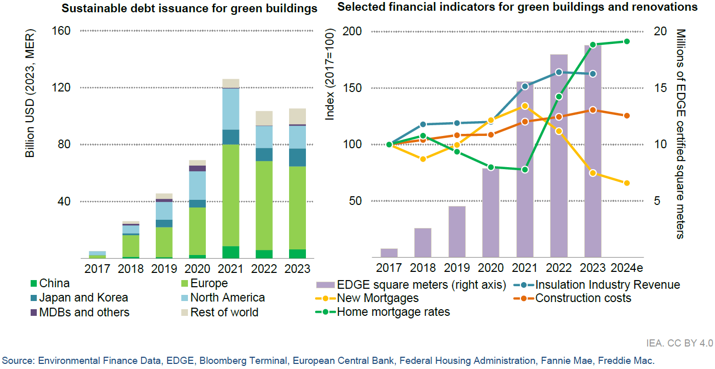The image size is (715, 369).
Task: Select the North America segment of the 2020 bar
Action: click(197, 185)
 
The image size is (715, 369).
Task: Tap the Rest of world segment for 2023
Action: click(298, 116)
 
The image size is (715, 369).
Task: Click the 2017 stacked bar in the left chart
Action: click(97, 254)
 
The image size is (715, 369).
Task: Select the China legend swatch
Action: click(34, 284)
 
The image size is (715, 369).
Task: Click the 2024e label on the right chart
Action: click(627, 269)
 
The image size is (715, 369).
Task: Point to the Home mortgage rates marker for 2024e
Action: click(627, 41)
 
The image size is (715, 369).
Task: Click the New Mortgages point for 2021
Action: click(525, 106)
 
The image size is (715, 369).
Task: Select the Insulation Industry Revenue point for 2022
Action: click(559, 72)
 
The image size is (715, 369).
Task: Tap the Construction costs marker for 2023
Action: click(592, 110)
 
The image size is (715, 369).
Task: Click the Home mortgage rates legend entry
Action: click(393, 312)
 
